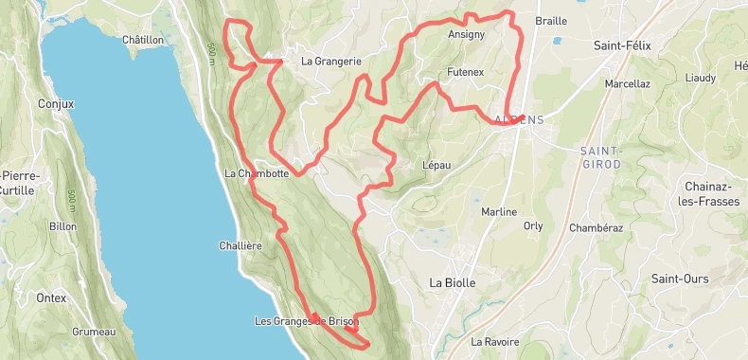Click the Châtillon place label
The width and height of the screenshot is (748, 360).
143,40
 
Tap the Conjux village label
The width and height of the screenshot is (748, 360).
55,104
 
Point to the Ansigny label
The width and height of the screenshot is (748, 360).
466,34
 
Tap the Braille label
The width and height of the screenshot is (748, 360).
551,21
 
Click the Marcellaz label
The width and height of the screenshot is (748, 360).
627,83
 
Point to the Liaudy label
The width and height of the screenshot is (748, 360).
701,77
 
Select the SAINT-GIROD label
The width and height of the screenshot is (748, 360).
600,157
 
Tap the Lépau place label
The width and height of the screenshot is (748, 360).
436,165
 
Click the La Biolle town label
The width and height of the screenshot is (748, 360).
452,282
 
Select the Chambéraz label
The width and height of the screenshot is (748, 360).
596,227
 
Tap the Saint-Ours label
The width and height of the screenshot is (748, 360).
680,279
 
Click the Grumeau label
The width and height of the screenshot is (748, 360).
93,332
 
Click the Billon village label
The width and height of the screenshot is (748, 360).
62,226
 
